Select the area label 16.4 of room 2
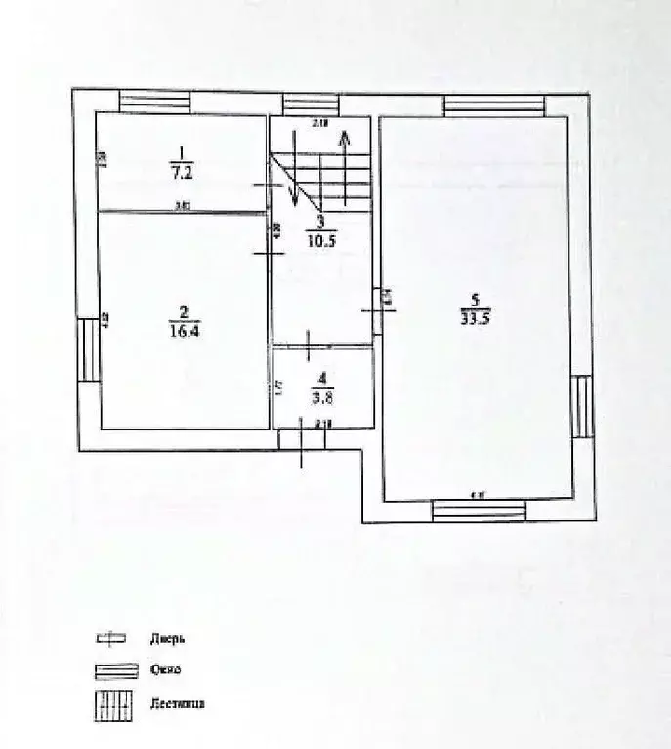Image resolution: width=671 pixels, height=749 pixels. (x=182, y=331)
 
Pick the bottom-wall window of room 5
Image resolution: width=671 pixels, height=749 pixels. (x=479, y=510)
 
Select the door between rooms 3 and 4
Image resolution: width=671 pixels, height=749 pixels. (x=309, y=346)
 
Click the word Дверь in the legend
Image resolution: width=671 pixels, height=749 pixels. (x=167, y=639)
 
